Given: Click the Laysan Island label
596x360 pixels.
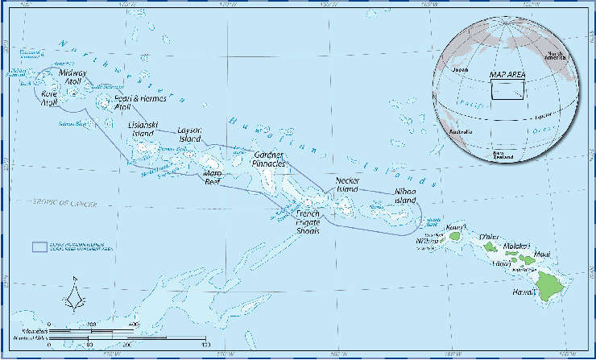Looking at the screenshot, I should coord(190,134).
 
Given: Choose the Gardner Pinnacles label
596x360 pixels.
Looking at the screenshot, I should coord(270,159).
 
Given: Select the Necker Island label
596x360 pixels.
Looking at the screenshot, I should coord(347,184).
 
